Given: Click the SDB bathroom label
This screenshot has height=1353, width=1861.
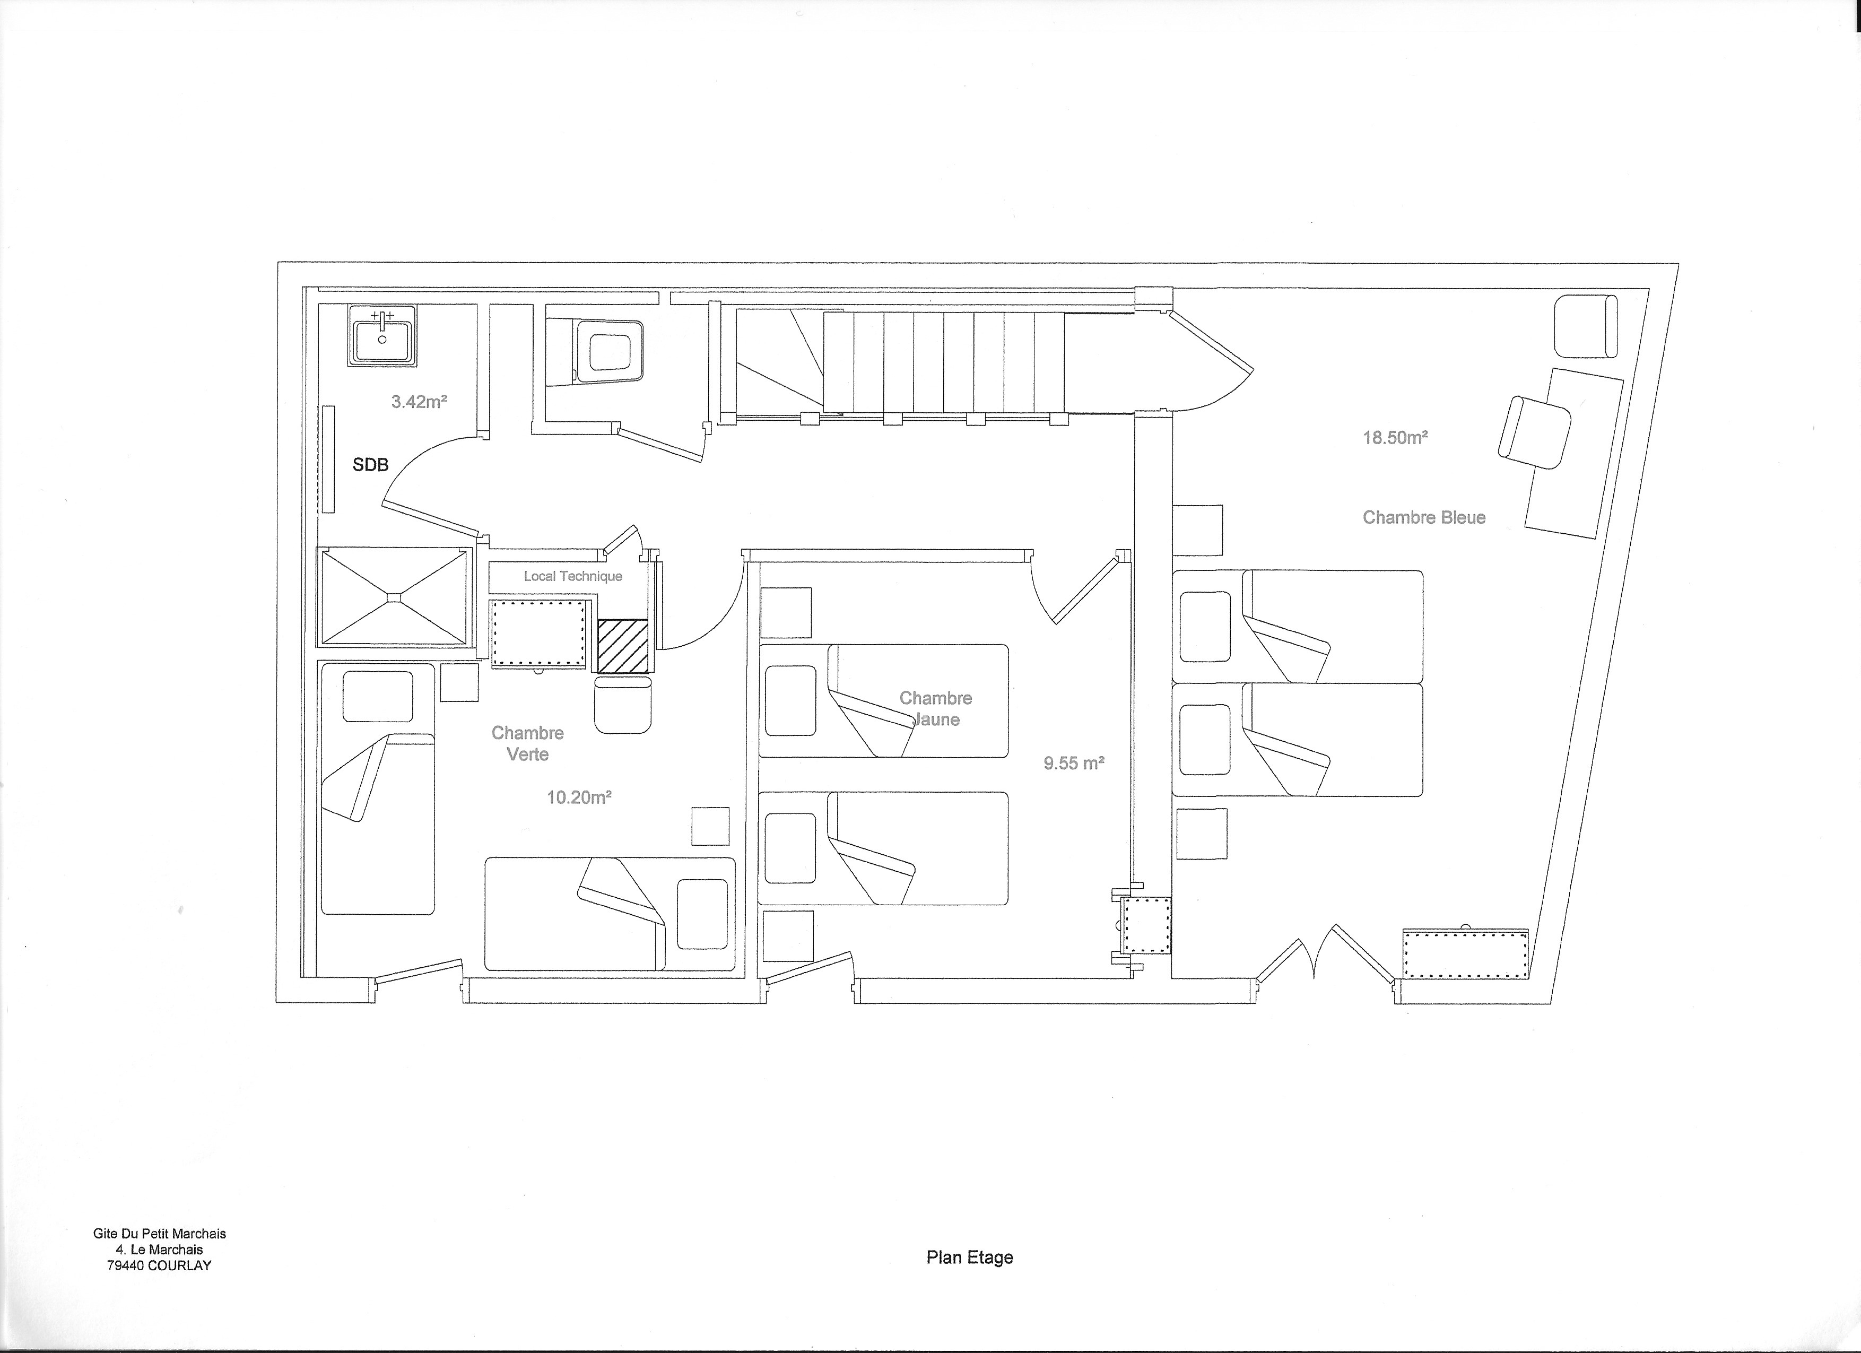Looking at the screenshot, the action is [x=370, y=464].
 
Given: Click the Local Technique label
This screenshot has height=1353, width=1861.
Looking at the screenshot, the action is [x=573, y=576].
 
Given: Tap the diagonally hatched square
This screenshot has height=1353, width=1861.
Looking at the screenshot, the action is [x=622, y=647].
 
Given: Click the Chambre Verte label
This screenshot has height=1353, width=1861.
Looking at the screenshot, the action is [x=528, y=743].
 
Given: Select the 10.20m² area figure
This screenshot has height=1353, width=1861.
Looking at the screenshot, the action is [x=579, y=797].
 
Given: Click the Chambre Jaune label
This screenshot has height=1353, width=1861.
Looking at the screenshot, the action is [x=935, y=709].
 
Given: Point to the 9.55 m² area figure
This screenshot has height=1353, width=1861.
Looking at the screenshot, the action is [x=1073, y=763].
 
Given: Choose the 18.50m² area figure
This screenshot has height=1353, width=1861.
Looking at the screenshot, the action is [x=1395, y=437].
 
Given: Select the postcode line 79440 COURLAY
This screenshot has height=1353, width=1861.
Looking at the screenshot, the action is [x=159, y=1265].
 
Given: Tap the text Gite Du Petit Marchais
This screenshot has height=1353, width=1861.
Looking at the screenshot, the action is [x=159, y=1233].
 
